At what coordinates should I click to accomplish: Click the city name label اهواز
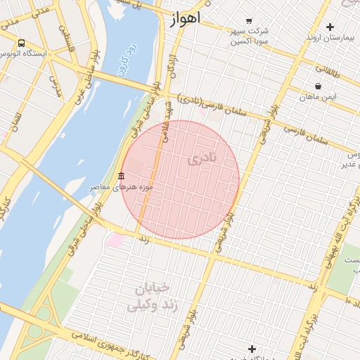185,18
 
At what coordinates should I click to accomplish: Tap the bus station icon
22,43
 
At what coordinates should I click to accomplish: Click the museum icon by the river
121,176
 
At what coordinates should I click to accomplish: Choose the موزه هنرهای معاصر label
121,188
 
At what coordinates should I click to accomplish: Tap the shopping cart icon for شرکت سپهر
248,21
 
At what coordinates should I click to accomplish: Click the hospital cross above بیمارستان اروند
330,27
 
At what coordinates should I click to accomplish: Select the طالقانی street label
327,70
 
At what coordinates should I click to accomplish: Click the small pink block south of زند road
115,240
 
